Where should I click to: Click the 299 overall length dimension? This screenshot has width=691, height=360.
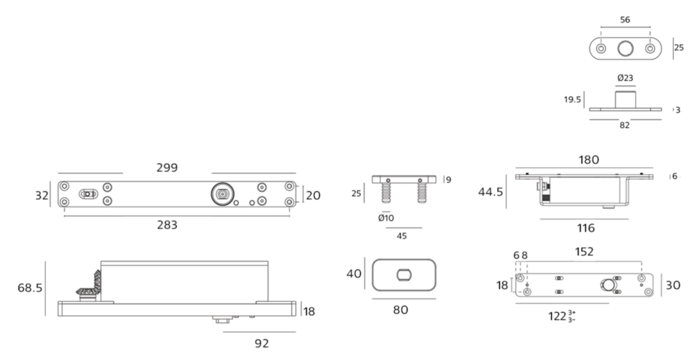coord(167,168)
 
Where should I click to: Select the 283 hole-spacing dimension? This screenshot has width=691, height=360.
coord(167,225)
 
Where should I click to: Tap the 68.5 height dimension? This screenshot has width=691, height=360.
coord(30,288)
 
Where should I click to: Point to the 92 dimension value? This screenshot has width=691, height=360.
coord(262,343)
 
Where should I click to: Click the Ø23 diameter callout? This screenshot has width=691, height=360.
coord(625,78)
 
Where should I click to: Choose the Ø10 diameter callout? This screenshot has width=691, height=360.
coord(386,218)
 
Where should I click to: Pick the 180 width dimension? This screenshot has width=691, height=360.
coord(589,160)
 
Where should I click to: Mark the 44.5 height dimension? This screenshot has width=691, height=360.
coord(491,192)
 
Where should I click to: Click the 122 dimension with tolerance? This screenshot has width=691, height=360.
coord(562,316)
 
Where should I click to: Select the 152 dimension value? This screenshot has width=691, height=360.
coord(584,252)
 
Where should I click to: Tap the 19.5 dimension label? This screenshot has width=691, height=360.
coord(572,99)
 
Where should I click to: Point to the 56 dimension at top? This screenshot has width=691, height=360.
coord(625,20)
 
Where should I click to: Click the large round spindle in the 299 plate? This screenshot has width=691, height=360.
coord(223,194)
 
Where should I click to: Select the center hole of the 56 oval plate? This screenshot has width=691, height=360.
coord(625,49)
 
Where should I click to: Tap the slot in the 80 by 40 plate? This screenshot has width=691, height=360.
coord(404,275)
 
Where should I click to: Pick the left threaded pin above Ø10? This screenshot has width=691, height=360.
coord(386,193)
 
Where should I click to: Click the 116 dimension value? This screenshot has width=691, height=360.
coord(585,228)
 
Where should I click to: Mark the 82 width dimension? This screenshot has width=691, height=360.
coord(625,125)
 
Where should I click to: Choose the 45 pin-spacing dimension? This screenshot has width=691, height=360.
coord(401,236)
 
